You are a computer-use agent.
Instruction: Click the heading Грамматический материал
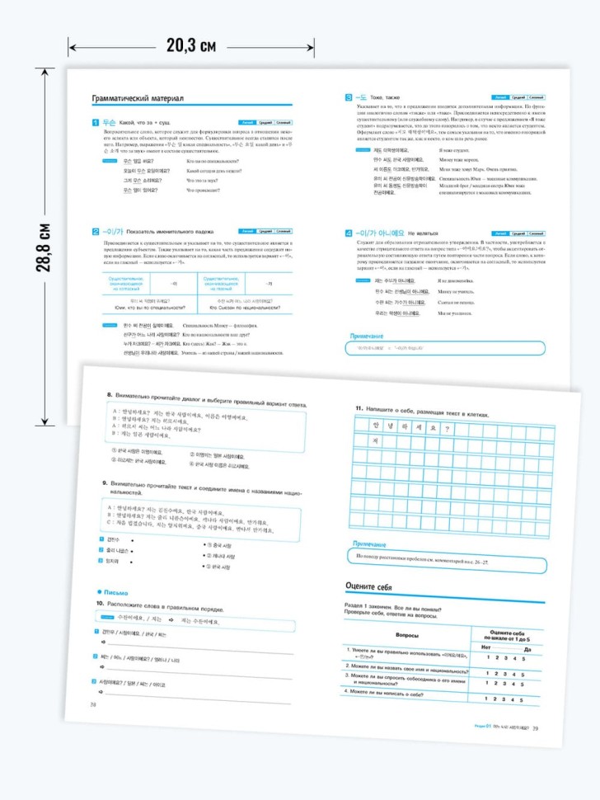137,99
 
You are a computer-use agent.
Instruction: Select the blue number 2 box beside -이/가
96,230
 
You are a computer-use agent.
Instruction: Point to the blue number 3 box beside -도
349,97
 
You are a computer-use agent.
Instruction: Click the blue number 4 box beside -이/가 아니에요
349,233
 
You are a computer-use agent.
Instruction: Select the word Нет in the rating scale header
485,647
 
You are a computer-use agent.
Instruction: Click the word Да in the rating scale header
539,650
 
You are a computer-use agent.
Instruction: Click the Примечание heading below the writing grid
376,544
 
